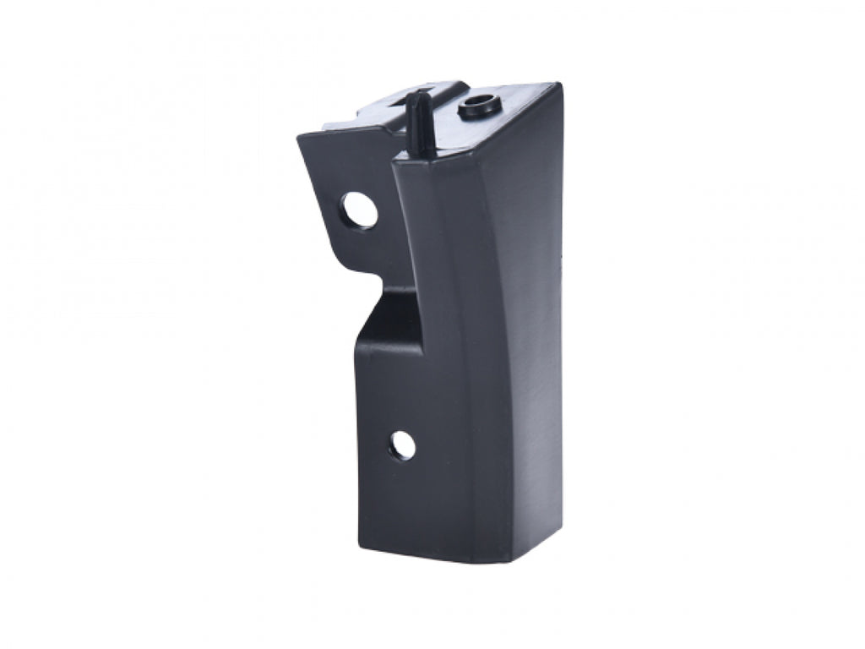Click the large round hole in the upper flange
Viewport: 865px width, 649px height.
coord(361,210)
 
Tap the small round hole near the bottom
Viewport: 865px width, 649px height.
coord(403,444)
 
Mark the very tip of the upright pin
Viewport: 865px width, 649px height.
coord(414,95)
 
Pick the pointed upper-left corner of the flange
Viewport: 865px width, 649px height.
coord(299,137)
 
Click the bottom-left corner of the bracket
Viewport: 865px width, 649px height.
coord(358,548)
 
